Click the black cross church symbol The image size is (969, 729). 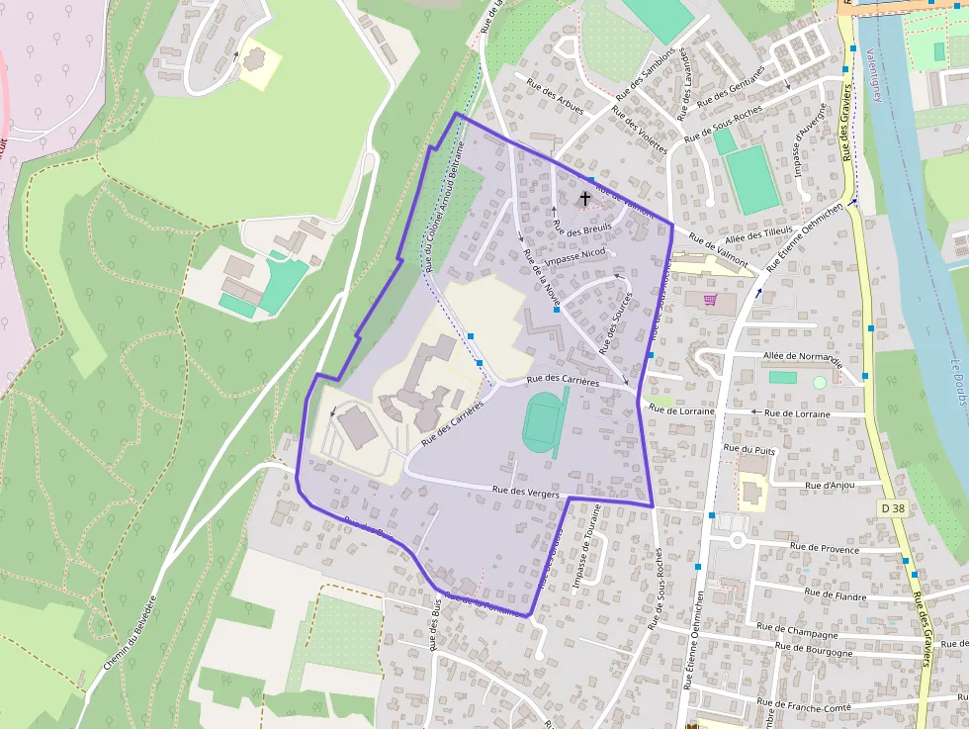pos(584,199)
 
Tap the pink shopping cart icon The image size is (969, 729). pos(709,300)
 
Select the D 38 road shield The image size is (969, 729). pos(892,508)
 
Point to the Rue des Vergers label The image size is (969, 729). pos(525,492)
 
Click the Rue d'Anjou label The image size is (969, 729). pos(829,485)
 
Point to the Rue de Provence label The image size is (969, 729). pos(825,547)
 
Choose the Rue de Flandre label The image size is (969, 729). pos(835,593)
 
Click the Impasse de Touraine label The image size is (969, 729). pos(585,548)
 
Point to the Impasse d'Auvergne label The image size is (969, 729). pos(810,139)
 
